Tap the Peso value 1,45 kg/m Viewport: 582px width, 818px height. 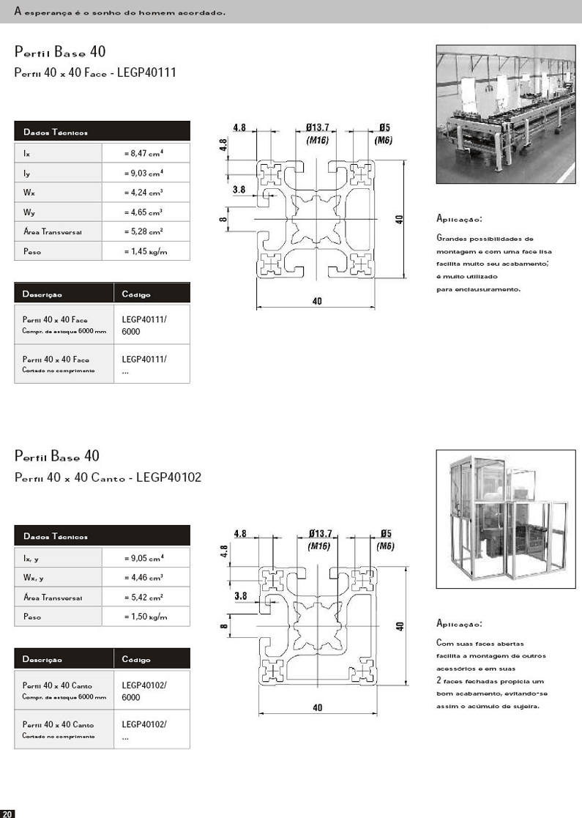(x=146, y=251)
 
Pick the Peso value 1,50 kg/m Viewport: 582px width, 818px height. (x=146, y=617)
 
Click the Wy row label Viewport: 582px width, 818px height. (x=29, y=212)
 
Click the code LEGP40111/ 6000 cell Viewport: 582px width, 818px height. (x=144, y=325)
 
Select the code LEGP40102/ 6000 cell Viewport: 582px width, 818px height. (x=144, y=691)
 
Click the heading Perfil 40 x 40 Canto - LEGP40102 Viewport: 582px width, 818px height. (x=108, y=477)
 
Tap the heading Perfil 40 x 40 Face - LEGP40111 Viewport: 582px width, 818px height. (x=95, y=73)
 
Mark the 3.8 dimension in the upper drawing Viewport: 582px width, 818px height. (x=239, y=190)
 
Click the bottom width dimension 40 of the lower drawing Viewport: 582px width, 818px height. (x=317, y=707)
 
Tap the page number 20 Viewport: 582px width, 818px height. (x=7, y=814)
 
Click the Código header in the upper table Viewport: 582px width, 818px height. (x=136, y=294)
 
